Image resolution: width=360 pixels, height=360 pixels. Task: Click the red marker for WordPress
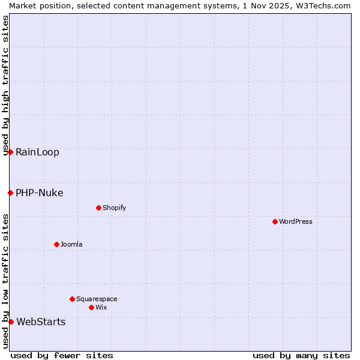275,221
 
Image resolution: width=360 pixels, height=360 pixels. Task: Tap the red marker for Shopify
98,208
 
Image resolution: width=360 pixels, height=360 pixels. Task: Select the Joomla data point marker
56,244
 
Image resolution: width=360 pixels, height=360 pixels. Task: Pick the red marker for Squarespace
72,299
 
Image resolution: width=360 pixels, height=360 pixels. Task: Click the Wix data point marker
91,307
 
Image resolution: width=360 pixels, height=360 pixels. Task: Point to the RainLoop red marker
10,152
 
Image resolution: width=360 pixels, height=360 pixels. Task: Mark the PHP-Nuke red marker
10,193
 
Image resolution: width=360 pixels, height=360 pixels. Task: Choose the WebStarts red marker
11,322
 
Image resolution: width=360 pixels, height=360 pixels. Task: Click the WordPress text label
296,221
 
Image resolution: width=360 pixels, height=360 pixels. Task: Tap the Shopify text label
114,208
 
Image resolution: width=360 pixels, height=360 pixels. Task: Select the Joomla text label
71,244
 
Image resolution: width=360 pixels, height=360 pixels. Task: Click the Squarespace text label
97,299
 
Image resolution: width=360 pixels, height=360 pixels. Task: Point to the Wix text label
101,307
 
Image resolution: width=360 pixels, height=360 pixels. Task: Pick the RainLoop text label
37,152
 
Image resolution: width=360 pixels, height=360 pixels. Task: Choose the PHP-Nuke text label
39,193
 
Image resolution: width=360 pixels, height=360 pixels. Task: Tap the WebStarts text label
41,322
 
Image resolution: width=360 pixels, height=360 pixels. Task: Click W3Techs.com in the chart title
322,5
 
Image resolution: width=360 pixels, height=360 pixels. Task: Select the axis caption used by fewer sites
62,355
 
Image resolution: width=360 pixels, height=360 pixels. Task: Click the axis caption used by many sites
301,355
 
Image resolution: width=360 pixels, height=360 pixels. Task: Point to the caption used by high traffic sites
5,85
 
